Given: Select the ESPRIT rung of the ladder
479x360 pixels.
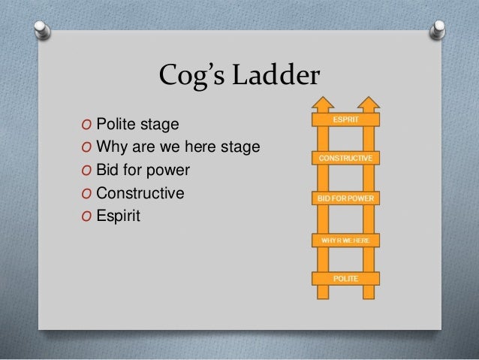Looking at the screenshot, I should tap(345, 119).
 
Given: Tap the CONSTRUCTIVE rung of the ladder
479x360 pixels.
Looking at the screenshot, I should tap(345, 159).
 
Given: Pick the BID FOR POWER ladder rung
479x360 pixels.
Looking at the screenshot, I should tap(345, 199).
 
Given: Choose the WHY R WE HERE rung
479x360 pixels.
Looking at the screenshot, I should tap(345, 240).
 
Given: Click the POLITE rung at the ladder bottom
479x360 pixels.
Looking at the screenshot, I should tap(345, 280).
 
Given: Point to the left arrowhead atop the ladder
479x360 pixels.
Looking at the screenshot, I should tap(324, 102).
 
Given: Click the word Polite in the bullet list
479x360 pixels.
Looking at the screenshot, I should tap(116, 123).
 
